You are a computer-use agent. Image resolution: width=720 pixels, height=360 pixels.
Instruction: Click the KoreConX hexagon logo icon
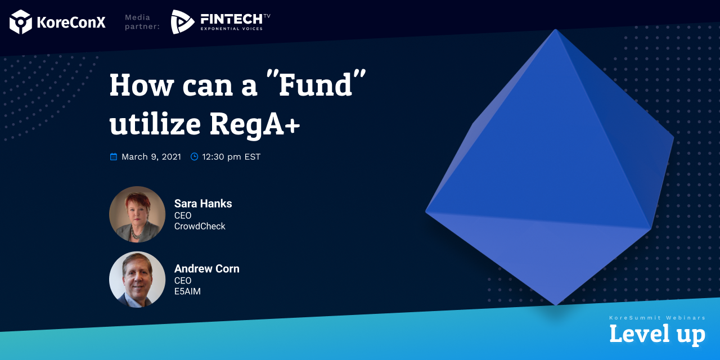[21, 22]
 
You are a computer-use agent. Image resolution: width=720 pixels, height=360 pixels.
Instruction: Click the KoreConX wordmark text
[71, 22]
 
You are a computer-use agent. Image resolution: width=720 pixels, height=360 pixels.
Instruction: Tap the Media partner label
[142, 22]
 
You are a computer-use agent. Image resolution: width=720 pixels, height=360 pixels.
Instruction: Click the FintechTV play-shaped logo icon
[182, 22]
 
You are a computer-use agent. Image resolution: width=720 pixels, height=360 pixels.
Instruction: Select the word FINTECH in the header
[231, 19]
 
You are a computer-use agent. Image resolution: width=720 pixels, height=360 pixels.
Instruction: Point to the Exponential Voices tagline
[232, 29]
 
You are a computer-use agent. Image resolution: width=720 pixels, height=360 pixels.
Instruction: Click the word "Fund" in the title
[316, 84]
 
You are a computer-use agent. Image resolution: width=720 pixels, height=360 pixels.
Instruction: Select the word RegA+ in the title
[255, 124]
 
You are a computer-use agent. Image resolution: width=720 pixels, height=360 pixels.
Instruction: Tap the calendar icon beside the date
[114, 156]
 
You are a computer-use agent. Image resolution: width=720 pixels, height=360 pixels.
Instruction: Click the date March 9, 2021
[151, 156]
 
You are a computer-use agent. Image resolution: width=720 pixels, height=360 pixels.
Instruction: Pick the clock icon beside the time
[195, 156]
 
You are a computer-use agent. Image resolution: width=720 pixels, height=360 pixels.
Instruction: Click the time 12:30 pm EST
[231, 156]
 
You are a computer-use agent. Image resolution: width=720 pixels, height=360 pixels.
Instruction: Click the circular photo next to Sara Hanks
[137, 214]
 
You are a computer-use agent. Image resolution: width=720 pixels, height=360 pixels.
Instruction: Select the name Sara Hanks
[203, 204]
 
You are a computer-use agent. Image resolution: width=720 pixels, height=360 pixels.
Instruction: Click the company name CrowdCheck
[200, 226]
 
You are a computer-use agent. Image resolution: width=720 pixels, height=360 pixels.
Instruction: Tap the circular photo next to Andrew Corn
[137, 280]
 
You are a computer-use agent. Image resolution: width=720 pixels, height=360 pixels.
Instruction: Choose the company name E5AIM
[187, 291]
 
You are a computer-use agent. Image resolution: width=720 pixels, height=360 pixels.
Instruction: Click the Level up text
[658, 334]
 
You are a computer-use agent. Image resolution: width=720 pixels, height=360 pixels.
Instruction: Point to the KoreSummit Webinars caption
[658, 318]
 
